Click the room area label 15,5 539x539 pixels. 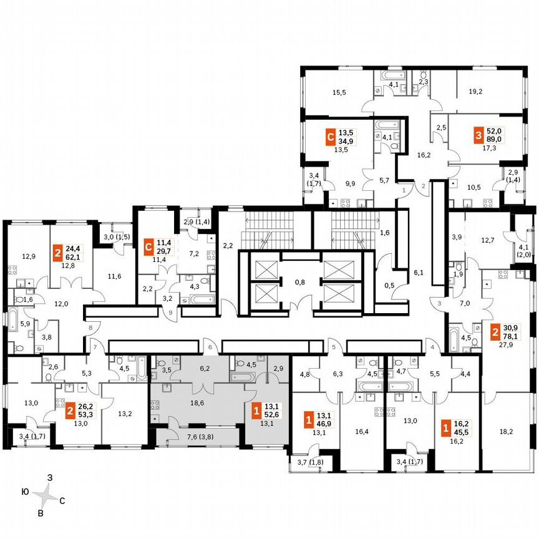tap(339, 92)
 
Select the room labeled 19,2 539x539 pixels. tap(475, 91)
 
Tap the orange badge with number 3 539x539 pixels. tap(478, 135)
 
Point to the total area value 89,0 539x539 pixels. tap(494, 140)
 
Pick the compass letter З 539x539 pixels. tap(50, 477)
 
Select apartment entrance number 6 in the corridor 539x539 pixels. tap(211, 347)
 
